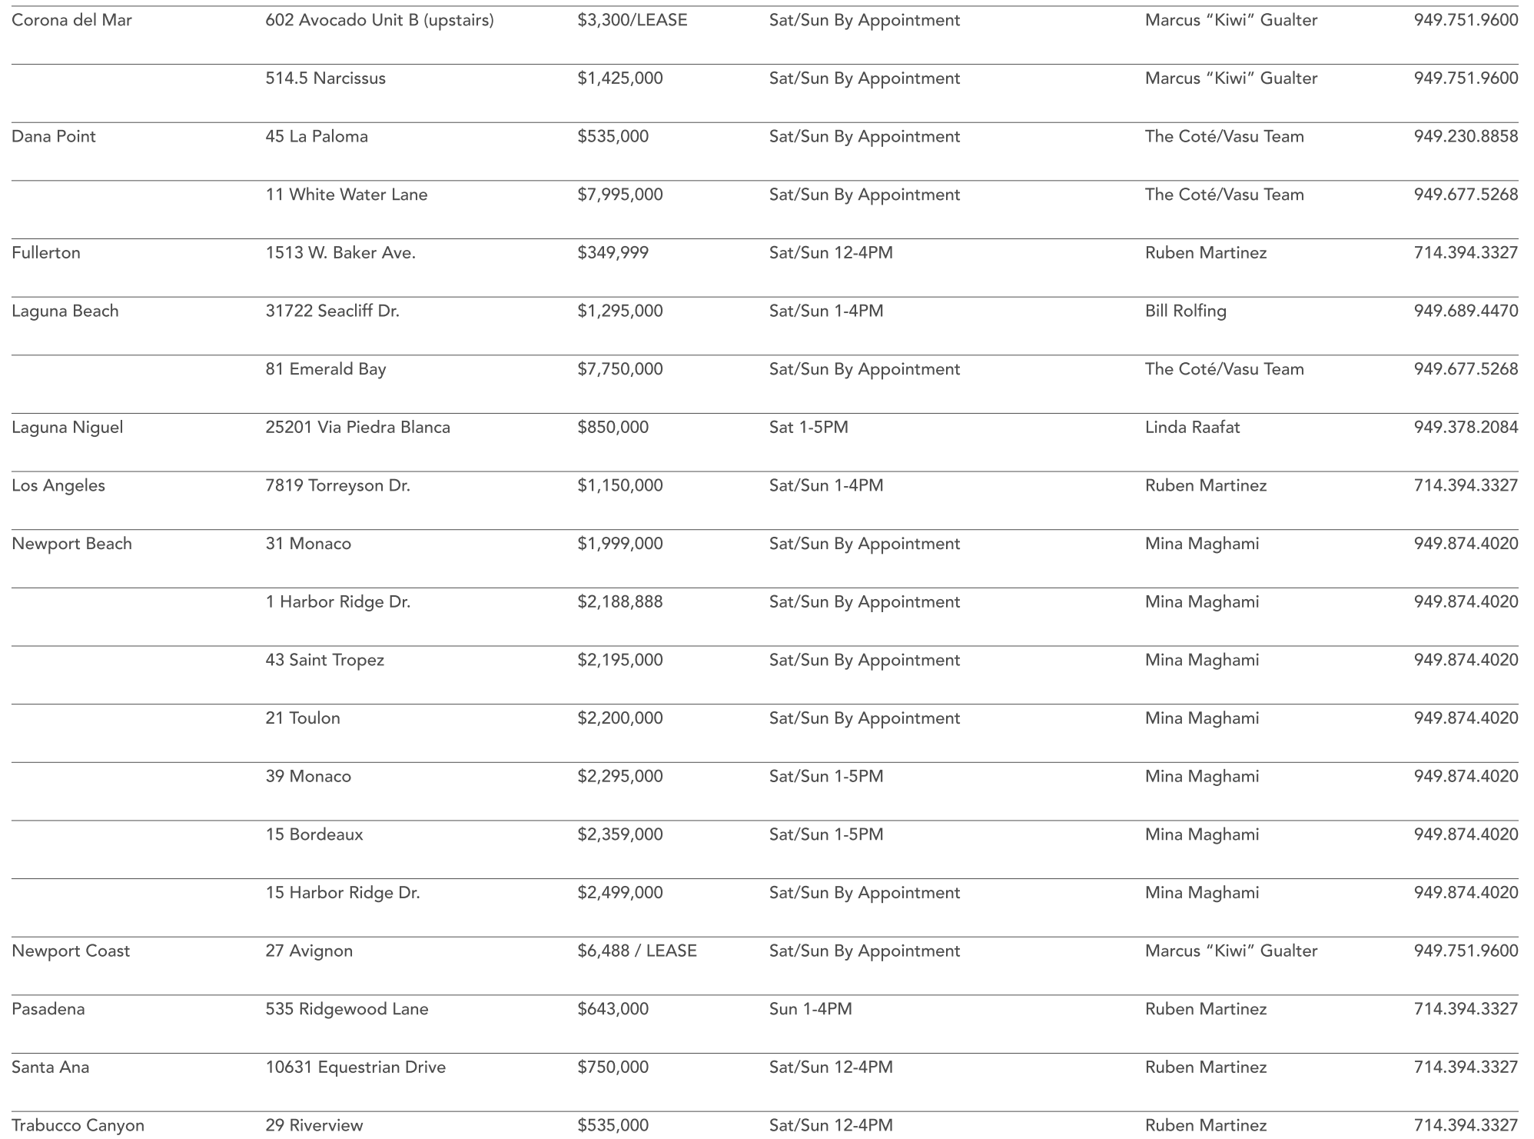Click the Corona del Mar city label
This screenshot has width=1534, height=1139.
[71, 20]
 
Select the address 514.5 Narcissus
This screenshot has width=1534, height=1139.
[325, 78]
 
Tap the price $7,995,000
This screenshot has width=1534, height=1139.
[619, 195]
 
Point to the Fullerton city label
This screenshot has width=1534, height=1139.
[45, 253]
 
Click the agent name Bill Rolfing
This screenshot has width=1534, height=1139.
[1185, 311]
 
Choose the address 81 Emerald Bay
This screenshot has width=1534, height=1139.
[325, 369]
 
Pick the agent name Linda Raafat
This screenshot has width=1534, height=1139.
[1192, 428]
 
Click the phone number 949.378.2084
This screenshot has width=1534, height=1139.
[1466, 428]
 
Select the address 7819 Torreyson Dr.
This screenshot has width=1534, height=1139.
[337, 486]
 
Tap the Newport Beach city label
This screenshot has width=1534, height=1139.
[71, 544]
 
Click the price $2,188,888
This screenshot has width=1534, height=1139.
[619, 602]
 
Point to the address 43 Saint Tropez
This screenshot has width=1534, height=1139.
[324, 660]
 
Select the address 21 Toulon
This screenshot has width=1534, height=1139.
[302, 718]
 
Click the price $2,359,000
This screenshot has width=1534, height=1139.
[619, 834]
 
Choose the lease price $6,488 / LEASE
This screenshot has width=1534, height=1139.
[636, 951]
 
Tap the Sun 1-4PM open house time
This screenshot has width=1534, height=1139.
[810, 1009]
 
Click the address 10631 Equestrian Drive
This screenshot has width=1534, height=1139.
[355, 1067]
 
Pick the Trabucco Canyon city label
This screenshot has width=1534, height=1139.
[78, 1125]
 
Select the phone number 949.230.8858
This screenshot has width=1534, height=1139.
[1466, 137]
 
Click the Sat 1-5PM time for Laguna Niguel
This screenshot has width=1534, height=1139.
[809, 428]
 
